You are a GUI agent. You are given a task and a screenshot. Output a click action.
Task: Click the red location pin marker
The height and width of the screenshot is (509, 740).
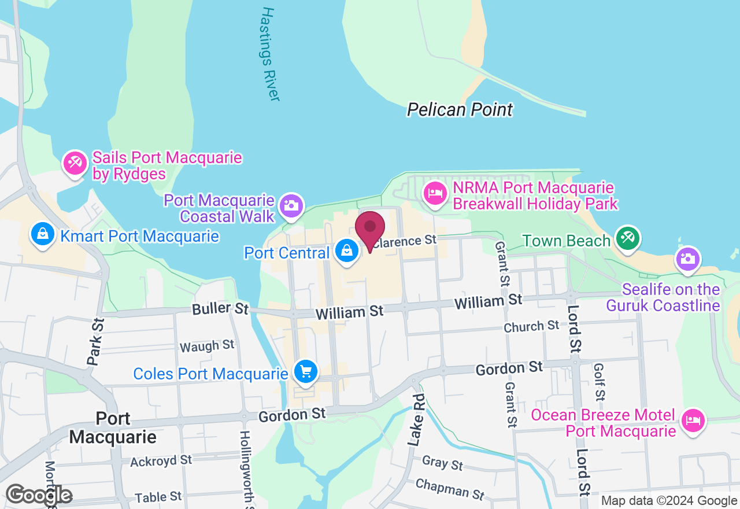tap(370, 228)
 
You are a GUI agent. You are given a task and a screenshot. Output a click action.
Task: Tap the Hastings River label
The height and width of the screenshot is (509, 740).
tap(271, 54)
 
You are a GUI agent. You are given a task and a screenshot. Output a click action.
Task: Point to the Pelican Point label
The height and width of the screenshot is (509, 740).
tap(460, 109)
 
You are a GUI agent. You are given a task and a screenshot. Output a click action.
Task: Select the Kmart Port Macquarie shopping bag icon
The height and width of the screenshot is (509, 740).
tap(42, 235)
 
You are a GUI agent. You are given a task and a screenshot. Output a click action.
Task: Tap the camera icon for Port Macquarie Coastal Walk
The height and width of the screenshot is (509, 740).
tap(291, 205)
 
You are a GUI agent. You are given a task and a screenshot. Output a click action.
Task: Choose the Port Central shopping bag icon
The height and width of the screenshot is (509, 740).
tap(346, 252)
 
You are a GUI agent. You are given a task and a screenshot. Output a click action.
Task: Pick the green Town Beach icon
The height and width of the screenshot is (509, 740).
tap(627, 238)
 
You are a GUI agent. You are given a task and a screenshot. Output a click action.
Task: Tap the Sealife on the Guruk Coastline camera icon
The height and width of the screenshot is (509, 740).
tap(687, 259)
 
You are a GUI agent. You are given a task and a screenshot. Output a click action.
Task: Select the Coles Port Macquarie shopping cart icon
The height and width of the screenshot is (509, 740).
tap(305, 371)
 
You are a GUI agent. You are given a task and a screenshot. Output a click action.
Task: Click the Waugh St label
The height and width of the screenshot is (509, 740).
tap(207, 346)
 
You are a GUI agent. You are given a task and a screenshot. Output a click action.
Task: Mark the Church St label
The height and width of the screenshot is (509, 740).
tap(531, 326)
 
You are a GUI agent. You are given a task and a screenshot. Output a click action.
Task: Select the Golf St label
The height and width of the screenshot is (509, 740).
tap(600, 382)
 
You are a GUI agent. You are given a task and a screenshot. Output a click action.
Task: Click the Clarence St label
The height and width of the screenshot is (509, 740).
tap(404, 241)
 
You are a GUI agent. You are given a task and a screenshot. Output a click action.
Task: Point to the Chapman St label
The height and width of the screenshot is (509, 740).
tap(450, 489)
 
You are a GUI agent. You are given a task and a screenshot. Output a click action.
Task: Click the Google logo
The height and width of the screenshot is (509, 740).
tap(39, 495)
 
